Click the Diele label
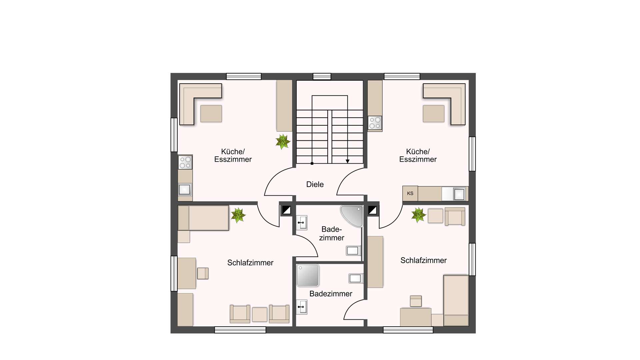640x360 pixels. coord(315,184)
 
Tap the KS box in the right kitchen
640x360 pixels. coord(410,193)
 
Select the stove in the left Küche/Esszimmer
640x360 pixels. coord(185,162)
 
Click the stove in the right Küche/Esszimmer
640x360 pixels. coord(375,123)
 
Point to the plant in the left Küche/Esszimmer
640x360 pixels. coord(283,142)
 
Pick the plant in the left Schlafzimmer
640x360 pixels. coord(238,215)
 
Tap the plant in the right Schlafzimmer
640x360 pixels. coord(418,215)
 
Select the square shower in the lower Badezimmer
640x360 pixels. coord(308,275)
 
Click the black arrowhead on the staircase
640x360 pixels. coord(348,161)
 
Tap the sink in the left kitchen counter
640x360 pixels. coord(185,190)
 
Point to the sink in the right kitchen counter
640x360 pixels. coord(459,194)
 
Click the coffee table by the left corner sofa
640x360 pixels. coord(211,114)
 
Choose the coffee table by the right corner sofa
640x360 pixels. coord(434,114)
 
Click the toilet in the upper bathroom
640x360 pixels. coord(353,250)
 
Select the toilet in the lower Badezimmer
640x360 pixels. coord(356,278)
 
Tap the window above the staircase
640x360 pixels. coord(322,77)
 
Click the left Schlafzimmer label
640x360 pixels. coord(250,263)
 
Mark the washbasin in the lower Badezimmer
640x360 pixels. coord(302,307)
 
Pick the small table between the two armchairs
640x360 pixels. coord(260,315)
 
